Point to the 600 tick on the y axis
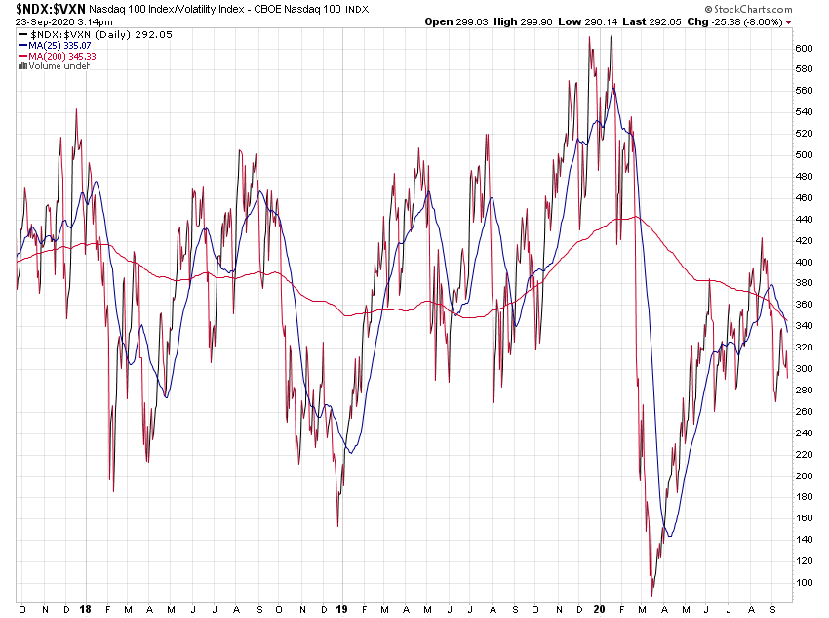click(x=803, y=48)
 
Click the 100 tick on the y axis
click(x=803, y=583)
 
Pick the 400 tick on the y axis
click(x=803, y=262)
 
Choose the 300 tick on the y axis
click(x=803, y=369)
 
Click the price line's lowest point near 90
click(x=651, y=595)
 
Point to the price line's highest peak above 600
click(x=612, y=36)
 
